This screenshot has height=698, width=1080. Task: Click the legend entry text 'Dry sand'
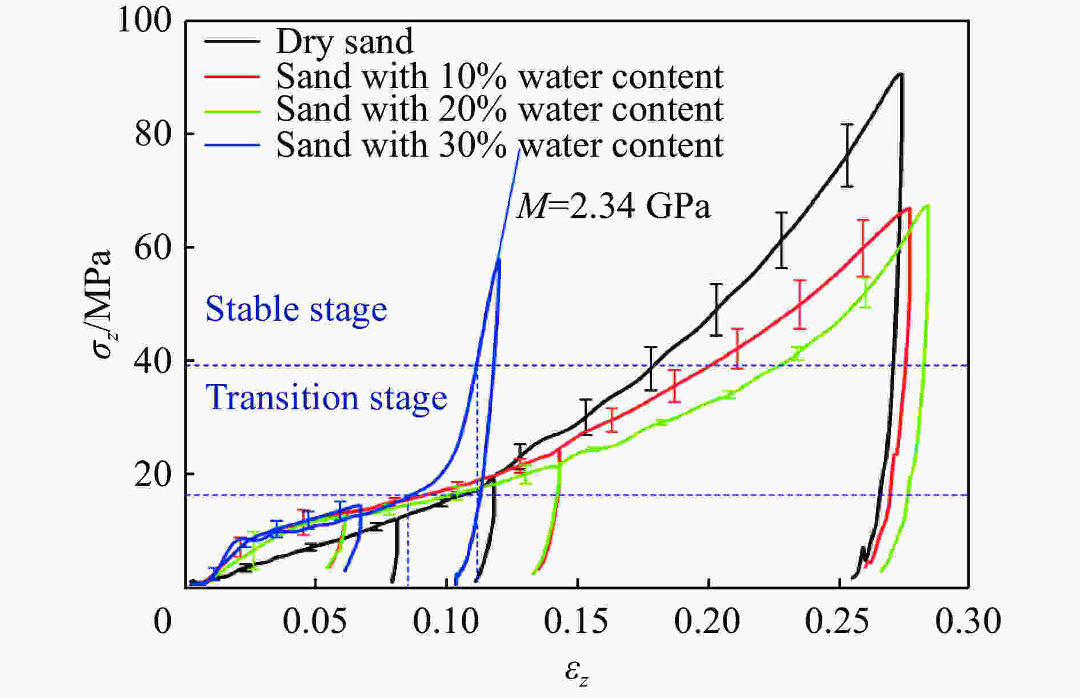[344, 41]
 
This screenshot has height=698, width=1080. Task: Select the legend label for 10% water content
[499, 76]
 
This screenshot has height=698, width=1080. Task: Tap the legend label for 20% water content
[499, 109]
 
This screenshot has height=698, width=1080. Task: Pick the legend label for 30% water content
[499, 145]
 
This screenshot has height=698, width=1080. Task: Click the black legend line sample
[231, 42]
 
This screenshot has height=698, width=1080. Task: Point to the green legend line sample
[231, 110]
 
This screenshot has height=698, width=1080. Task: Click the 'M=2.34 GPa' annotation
[614, 206]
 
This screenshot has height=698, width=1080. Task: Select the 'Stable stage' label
[296, 309]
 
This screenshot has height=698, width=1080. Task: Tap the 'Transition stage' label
[326, 398]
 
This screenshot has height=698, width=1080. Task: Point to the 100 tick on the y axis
[144, 22]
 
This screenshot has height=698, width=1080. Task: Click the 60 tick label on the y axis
[153, 249]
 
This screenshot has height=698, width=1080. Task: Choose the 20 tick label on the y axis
[153, 475]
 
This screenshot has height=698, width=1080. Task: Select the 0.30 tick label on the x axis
[968, 621]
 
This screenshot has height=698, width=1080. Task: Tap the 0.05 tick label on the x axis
[315, 621]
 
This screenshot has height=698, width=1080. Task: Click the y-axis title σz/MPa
[103, 305]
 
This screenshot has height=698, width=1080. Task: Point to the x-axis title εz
[577, 672]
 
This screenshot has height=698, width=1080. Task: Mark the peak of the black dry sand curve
[901, 74]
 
